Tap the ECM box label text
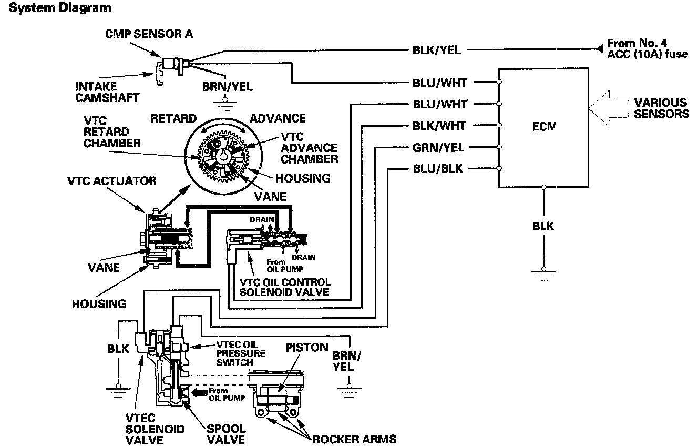[x=543, y=126]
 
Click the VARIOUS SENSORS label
[x=661, y=108]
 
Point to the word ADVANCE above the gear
[x=277, y=118]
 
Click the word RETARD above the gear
[x=173, y=118]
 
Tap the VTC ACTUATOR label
[x=112, y=181]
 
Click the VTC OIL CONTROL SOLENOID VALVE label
[x=285, y=287]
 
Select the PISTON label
[x=307, y=348]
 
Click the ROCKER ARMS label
[x=354, y=439]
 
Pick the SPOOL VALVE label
[x=227, y=434]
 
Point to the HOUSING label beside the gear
[x=303, y=178]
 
